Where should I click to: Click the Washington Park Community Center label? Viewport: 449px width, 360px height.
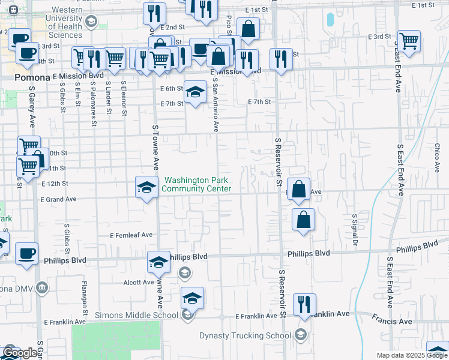(x=196, y=184)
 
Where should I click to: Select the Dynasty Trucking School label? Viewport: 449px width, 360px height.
(x=245, y=335)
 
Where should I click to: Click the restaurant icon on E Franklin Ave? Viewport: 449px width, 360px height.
(x=305, y=305)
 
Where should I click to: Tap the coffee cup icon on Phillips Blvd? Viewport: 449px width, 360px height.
(x=26, y=253)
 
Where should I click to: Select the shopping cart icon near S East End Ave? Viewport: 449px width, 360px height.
(x=409, y=42)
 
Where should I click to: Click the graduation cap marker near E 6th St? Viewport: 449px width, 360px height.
(x=195, y=92)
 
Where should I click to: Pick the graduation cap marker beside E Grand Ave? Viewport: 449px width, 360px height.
(x=146, y=188)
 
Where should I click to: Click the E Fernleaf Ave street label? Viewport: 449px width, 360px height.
(x=131, y=235)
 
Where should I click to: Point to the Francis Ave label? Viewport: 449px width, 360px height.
(x=391, y=322)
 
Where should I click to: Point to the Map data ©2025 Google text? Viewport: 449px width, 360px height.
(x=412, y=355)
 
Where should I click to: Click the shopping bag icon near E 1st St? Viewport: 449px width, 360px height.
(x=248, y=28)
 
